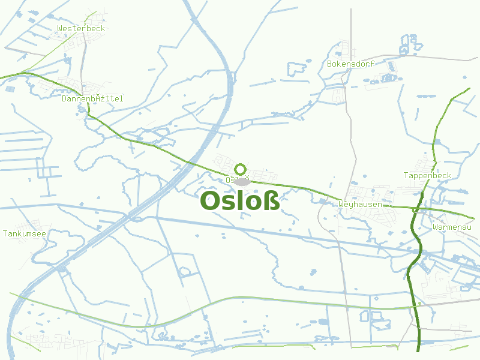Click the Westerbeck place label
[x=81, y=28]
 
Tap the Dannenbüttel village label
[x=92, y=98]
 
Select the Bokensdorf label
[x=351, y=64]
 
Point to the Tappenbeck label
[x=427, y=175]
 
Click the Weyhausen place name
[x=360, y=204]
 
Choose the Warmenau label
[x=452, y=227]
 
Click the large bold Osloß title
[x=240, y=201]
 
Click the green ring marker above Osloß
[x=241, y=169]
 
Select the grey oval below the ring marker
[x=241, y=181]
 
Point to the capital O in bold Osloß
[x=211, y=201]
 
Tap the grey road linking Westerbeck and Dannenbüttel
[x=82, y=60]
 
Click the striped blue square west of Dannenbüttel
[x=10, y=89]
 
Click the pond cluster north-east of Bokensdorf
[x=409, y=45]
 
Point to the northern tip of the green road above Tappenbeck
[x=469, y=89]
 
